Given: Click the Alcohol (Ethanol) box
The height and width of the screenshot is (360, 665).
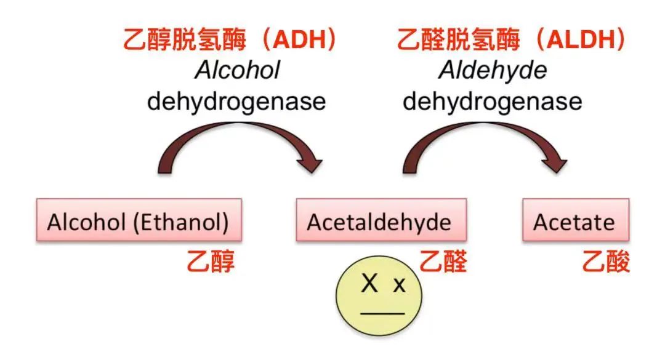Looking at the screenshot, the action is click(139, 220).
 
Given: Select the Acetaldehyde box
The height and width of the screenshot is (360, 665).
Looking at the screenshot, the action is click(381, 220).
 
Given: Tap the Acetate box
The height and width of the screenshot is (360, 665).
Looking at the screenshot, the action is click(576, 220).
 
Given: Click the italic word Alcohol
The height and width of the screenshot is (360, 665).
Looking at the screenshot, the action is click(238, 70).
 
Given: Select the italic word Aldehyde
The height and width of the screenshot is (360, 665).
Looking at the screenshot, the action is click(493, 70).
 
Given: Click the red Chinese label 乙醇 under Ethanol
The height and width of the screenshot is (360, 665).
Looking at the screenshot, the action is click(211, 261).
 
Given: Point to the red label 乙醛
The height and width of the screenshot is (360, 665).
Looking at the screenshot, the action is click(443, 261).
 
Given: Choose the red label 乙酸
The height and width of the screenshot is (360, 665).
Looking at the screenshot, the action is click(606, 261).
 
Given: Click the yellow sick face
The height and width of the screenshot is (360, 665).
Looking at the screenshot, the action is click(379, 295).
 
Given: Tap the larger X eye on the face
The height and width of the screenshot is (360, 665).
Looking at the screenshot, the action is click(369, 283).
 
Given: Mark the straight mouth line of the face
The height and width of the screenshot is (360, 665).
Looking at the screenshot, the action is click(382, 314).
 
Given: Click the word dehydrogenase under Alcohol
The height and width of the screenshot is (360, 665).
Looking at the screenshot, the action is click(236, 102).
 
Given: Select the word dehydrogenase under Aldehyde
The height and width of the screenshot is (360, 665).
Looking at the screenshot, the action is click(493, 102).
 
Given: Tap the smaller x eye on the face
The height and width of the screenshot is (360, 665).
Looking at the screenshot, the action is click(399, 286).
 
